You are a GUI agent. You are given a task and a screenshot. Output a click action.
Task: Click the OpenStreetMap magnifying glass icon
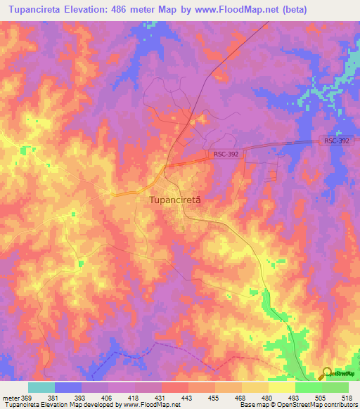[x=328, y=374]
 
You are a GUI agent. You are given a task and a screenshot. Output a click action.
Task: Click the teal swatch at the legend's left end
[x=41, y=387]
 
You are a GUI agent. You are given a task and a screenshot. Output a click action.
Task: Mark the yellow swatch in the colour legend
[x=281, y=387]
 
